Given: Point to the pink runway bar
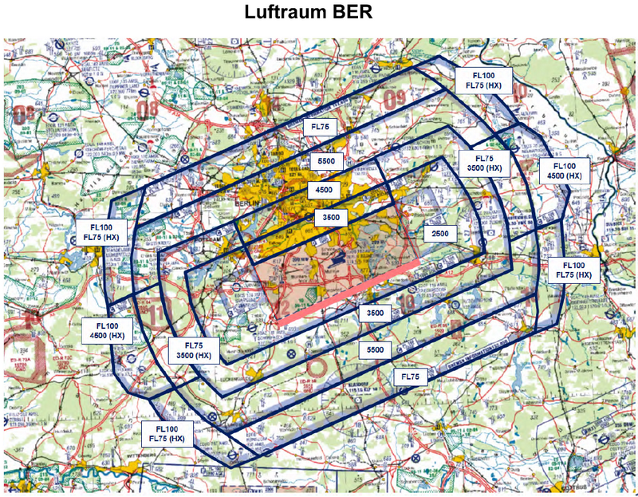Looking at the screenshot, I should tap(352, 291).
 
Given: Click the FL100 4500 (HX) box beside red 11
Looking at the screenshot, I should tap(107, 330).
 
